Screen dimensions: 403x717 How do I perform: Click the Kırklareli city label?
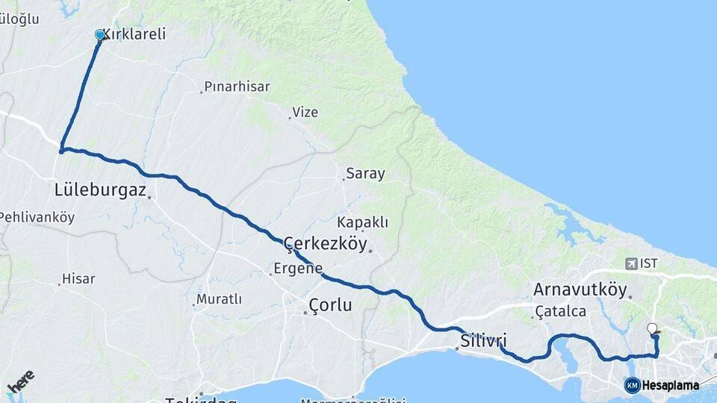[134, 34]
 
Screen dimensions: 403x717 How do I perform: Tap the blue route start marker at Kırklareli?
[100, 34]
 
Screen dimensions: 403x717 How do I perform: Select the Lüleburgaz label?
[100, 190]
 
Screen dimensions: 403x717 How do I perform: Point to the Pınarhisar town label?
[238, 87]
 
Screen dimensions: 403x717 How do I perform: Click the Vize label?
[305, 113]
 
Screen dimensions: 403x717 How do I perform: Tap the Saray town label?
[365, 174]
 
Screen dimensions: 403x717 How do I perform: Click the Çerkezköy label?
[326, 243]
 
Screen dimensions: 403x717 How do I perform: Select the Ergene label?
[298, 269]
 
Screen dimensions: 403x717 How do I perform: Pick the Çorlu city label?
[330, 305]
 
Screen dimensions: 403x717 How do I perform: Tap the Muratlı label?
[219, 299]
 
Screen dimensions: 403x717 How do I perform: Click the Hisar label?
[78, 279]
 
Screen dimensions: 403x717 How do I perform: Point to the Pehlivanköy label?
[37, 218]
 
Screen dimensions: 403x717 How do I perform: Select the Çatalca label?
[561, 311]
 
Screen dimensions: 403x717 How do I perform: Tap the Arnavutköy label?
[580, 290]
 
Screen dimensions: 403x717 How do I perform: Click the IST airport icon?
[633, 263]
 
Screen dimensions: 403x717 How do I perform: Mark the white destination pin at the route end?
[652, 329]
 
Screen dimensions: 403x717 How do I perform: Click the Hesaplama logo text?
[669, 385]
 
